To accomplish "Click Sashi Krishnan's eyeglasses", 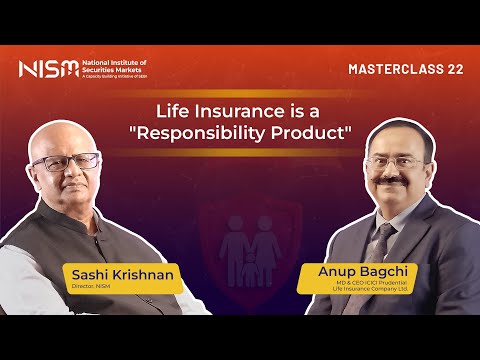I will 69,163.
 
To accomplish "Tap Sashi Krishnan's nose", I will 66,175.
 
